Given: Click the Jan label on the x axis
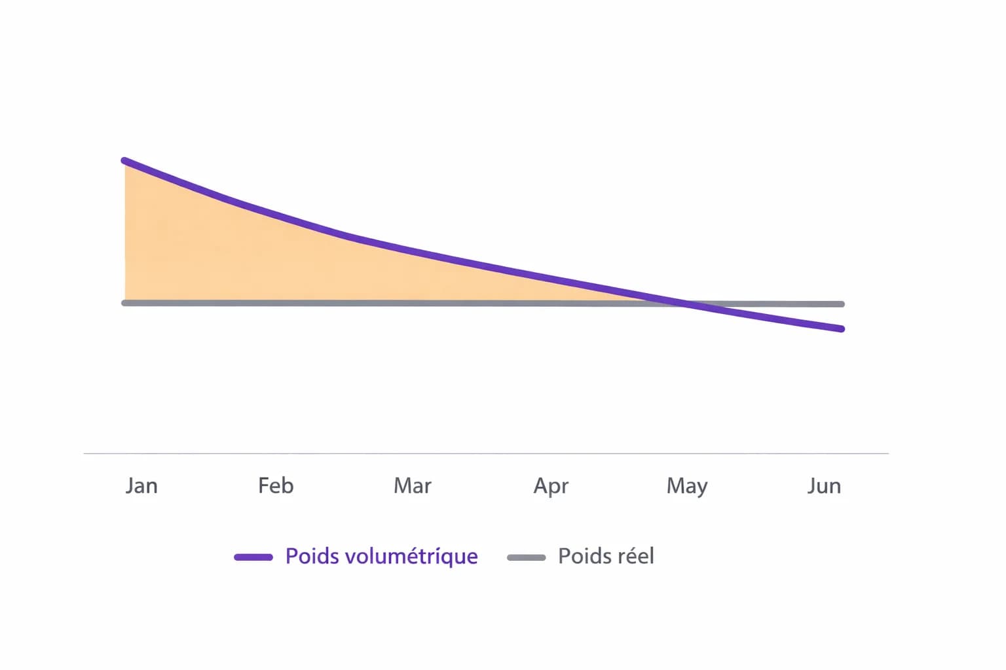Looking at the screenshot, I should [141, 485].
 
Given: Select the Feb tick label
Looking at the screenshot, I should [276, 485].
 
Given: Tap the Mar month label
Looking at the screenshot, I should [413, 485].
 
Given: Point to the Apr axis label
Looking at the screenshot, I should [551, 486].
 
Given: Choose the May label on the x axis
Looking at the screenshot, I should [687, 486].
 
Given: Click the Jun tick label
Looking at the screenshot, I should [824, 485].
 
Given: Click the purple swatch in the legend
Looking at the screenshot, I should [253, 557].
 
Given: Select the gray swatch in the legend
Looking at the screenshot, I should [527, 557].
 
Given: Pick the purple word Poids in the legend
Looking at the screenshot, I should [312, 556].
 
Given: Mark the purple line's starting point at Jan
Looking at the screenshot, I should [125, 161].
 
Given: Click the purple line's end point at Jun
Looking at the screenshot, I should [841, 328].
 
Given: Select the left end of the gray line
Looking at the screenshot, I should [125, 303].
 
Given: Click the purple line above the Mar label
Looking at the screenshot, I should [413, 251].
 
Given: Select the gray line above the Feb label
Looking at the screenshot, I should [276, 303].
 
